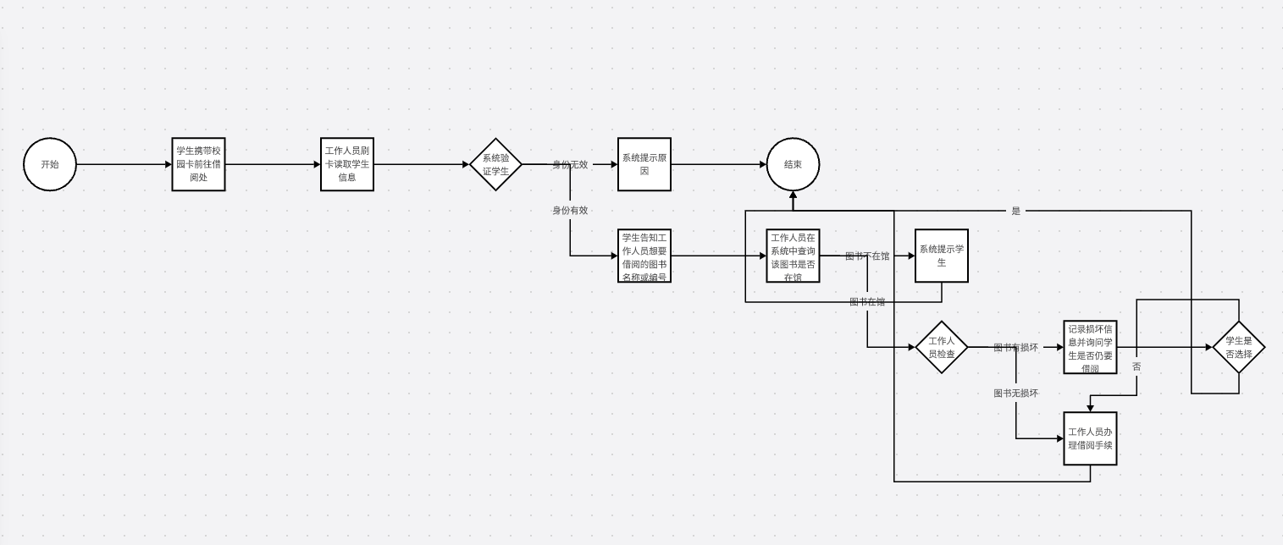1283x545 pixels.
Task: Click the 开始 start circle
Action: click(x=50, y=164)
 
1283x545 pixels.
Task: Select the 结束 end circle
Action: click(x=793, y=164)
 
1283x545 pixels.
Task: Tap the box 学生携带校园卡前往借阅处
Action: click(x=198, y=164)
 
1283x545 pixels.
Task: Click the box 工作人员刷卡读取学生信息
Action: click(x=347, y=164)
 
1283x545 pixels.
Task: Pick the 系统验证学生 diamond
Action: click(x=495, y=164)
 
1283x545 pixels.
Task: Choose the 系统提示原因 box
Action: click(x=644, y=164)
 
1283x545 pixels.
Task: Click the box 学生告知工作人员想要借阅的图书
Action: click(x=644, y=256)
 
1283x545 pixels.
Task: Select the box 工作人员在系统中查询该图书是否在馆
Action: click(x=793, y=256)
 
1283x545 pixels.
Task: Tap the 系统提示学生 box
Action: click(x=941, y=256)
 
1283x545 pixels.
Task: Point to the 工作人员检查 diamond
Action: click(x=941, y=347)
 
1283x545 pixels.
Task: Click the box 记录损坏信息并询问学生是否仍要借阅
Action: click(x=1090, y=347)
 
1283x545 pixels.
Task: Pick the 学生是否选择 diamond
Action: click(x=1238, y=347)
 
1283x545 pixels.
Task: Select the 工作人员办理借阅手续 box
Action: click(x=1090, y=438)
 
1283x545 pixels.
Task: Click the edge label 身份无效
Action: click(x=570, y=164)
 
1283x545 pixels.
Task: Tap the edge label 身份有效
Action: click(x=570, y=210)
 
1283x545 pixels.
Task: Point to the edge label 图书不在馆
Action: click(x=867, y=256)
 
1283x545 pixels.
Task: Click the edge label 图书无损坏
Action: click(x=1015, y=393)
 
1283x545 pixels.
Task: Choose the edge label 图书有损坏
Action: click(x=1015, y=347)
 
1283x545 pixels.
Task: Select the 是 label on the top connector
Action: click(x=1016, y=211)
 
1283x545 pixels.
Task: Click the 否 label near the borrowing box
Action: click(x=1136, y=366)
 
